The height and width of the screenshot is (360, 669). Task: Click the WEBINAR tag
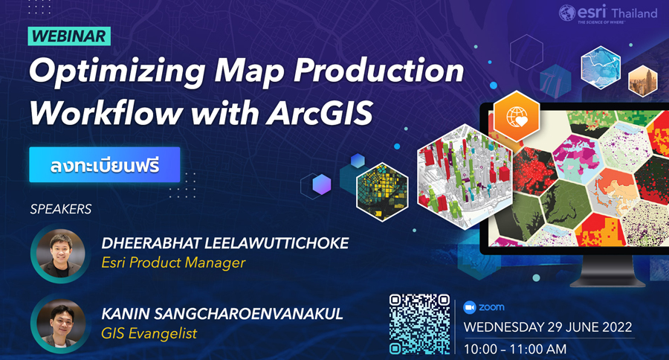69,36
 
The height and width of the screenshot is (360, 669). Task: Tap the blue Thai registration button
105,165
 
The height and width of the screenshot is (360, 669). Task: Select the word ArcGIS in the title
320,113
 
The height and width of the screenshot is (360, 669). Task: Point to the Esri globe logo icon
567,13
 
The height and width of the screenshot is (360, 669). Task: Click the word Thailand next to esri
634,13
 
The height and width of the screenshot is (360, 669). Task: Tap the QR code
419,324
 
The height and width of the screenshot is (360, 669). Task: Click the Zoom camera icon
470,307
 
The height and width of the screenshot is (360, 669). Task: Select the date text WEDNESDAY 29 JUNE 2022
548,327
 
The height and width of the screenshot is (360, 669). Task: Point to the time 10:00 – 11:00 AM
515,350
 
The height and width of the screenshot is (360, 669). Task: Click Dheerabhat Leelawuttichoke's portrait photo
60,253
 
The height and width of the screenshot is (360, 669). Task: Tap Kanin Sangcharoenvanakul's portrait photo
60,324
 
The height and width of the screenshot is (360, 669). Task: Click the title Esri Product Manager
173,263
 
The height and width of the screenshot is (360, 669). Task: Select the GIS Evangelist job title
149,333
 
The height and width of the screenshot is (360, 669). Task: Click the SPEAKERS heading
61,209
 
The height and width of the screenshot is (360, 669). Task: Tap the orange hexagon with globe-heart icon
517,116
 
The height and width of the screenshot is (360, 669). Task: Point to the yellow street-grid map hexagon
382,192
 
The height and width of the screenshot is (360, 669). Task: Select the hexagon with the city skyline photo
643,81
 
